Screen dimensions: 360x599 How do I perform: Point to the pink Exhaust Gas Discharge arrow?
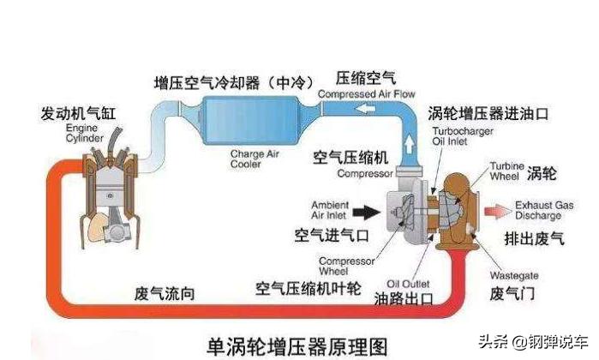pos(496,209)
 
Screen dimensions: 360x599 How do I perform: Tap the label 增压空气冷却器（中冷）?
pos(224,82)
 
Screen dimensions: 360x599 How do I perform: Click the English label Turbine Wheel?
pos(506,171)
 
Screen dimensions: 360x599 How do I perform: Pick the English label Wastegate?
pos(513,276)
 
